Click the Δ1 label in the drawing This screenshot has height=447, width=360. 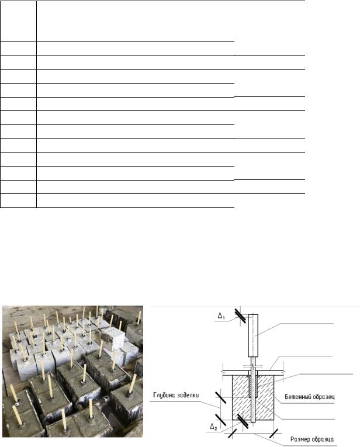[x=221, y=316]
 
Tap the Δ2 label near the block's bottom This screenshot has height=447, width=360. [x=213, y=427]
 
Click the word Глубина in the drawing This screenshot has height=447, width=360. [x=164, y=395]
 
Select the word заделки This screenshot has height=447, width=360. [x=188, y=395]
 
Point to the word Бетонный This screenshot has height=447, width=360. [x=297, y=397]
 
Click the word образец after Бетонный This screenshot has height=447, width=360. [x=323, y=397]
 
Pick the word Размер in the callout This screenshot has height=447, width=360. [x=300, y=439]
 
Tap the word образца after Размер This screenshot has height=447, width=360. [x=323, y=439]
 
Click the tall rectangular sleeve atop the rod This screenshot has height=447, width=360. [x=253, y=335]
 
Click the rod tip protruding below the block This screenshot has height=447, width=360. [x=253, y=421]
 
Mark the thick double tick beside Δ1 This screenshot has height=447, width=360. [x=241, y=316]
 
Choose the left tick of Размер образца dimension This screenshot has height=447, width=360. [x=232, y=434]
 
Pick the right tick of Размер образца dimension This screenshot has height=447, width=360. [x=274, y=434]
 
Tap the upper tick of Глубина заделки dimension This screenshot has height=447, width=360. [x=221, y=397]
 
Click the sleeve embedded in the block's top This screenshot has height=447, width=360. [x=253, y=386]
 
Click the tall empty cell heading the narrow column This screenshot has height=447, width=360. [x=18, y=21]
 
